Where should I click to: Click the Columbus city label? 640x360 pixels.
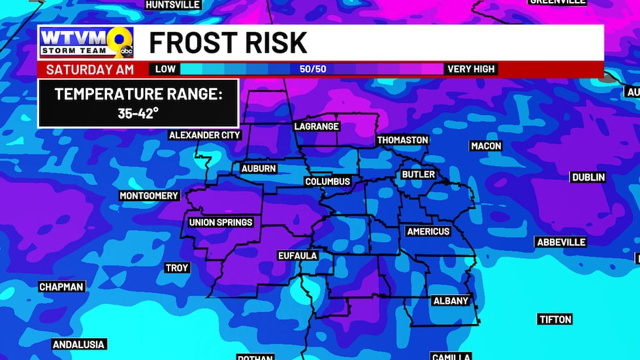click(328, 182)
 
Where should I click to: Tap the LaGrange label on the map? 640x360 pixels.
click(317, 127)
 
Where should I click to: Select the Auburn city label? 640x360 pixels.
click(259, 169)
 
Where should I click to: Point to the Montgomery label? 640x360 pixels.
click(149, 196)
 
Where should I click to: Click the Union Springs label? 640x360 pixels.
click(221, 222)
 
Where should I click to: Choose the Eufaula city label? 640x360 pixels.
click(297, 255)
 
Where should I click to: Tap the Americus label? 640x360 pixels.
click(428, 231)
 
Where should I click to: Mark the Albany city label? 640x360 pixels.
click(451, 301)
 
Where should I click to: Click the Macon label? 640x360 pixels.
click(486, 146)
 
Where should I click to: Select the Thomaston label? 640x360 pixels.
click(402, 140)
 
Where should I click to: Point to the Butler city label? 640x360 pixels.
click(418, 174)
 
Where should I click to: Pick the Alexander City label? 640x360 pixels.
click(205, 135)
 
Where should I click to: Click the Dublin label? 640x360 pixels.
click(588, 177)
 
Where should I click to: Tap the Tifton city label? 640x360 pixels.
click(555, 319)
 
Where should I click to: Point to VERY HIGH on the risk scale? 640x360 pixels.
click(472, 69)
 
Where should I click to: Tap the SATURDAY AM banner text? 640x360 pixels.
click(91, 69)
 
